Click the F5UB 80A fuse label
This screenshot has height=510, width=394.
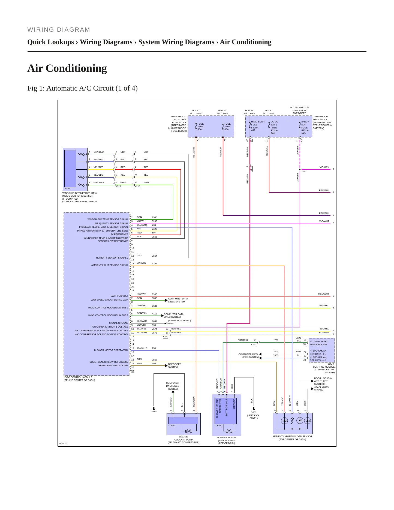tap(200, 127)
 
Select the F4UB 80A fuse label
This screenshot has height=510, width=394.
tap(227, 127)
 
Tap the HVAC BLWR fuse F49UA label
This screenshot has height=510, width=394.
tap(258, 126)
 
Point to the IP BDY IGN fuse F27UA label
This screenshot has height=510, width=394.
tap(305, 127)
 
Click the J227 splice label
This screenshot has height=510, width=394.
tap(304, 172)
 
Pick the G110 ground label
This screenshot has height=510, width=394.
tap(154, 412)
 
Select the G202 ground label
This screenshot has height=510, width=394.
tap(254, 413)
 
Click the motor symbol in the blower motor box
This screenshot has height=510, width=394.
tap(229, 431)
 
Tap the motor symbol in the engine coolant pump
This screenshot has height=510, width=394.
tap(188, 431)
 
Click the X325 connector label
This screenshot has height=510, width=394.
tap(118, 187)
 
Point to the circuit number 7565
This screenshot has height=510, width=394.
tap(154, 217)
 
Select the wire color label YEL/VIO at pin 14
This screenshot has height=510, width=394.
tap(141, 263)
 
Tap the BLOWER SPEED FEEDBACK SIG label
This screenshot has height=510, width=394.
tap(319, 343)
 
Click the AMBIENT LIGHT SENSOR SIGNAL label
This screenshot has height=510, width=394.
tap(110, 265)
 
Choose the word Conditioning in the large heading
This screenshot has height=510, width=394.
tap(76, 68)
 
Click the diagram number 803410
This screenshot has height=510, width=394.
tap(63, 443)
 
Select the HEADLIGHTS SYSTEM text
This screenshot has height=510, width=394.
tap(321, 389)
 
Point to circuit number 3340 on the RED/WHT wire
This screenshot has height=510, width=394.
tap(154, 294)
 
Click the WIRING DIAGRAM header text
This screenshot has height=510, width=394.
tap(59, 30)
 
